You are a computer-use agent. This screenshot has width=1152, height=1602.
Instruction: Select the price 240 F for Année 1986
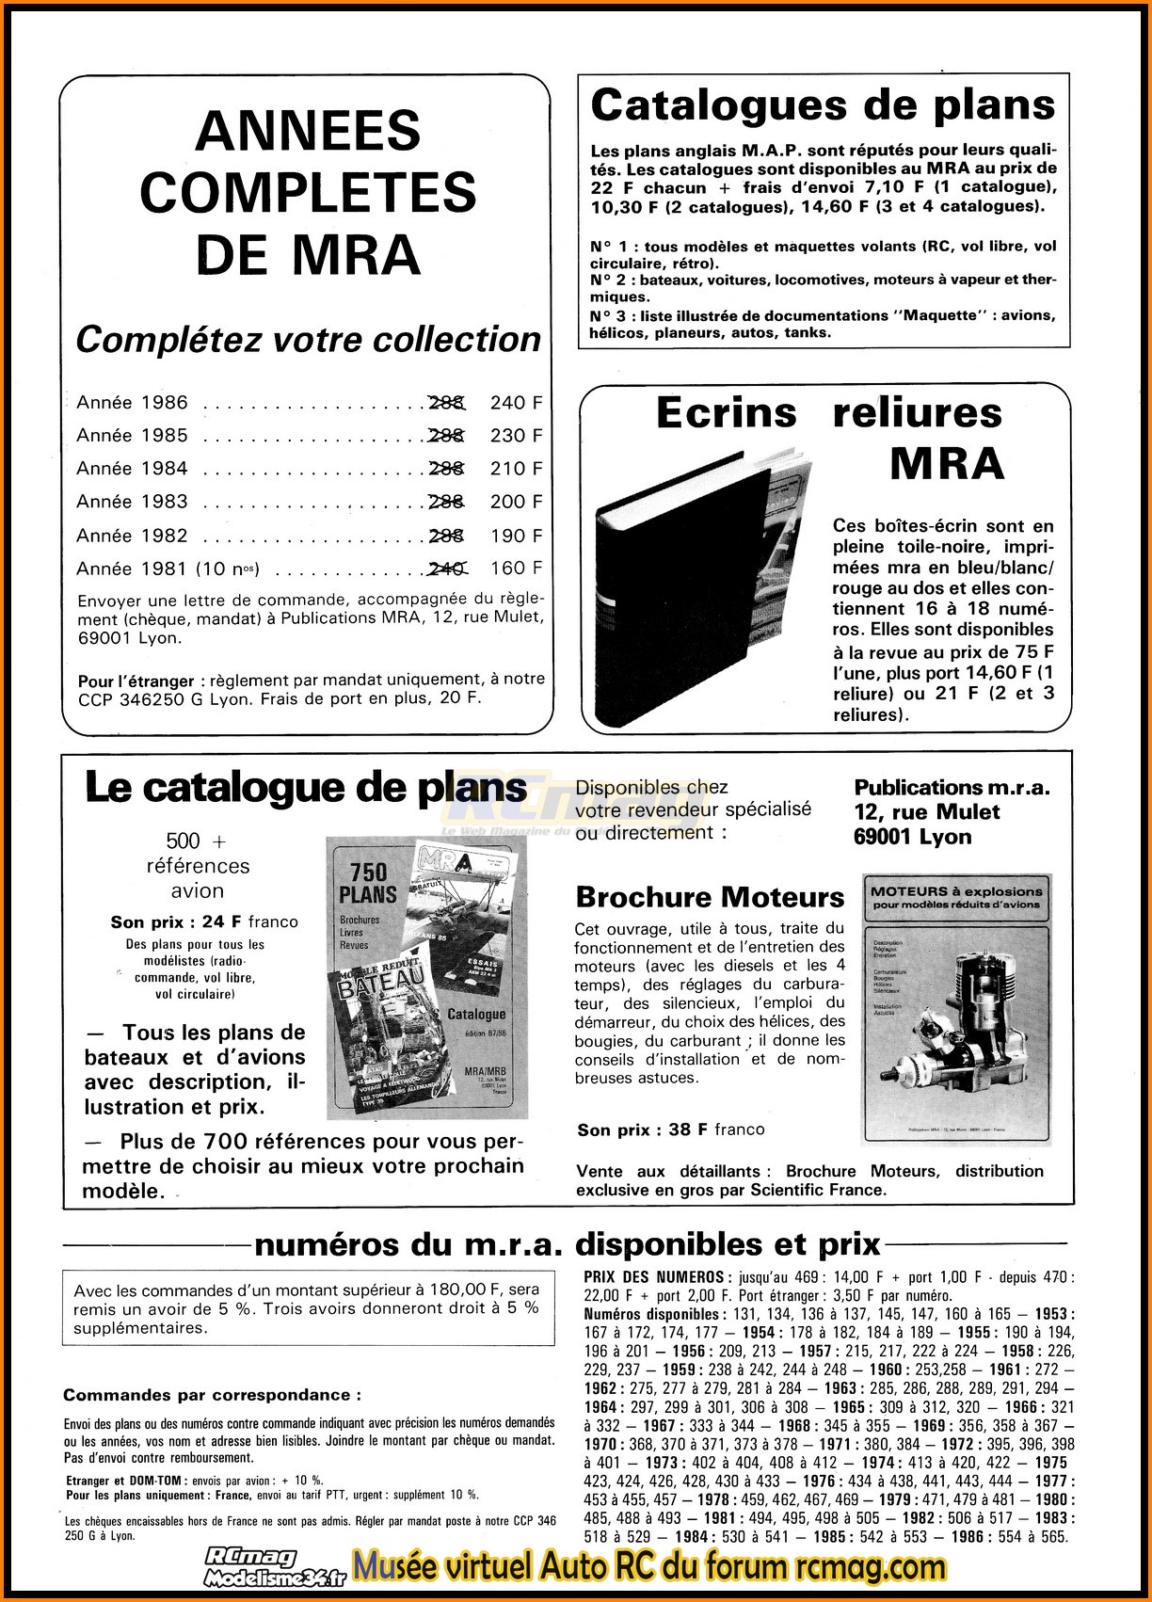tap(516, 403)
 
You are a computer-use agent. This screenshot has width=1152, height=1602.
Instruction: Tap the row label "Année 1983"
tap(133, 502)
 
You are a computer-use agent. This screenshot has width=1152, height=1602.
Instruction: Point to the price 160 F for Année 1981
tap(516, 569)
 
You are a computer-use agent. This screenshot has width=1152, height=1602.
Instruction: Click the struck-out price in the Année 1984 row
tap(446, 469)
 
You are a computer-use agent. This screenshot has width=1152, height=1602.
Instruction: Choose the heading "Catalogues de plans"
tap(823, 104)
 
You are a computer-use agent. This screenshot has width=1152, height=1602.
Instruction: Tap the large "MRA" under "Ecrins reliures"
tap(946, 463)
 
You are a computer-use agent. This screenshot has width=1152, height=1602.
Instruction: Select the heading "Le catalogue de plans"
tap(306, 788)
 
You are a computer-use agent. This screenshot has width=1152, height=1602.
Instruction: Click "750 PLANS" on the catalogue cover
tap(368, 882)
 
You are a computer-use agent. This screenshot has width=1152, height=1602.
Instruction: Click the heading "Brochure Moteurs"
tap(710, 897)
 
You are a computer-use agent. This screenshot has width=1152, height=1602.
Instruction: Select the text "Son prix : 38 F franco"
tap(670, 1129)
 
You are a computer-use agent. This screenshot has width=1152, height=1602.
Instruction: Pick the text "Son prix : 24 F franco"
tap(203, 922)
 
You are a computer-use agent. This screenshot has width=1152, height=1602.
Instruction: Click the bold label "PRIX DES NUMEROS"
tap(655, 1277)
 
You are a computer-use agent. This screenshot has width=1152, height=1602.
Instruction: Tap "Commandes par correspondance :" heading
tap(212, 1395)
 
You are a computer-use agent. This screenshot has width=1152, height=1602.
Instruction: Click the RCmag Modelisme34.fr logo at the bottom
tap(276, 1567)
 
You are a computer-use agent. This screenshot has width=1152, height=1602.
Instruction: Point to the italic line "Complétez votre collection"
tap(308, 339)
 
